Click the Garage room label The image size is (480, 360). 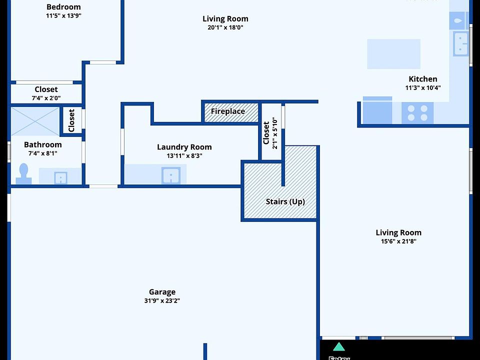tap(162, 292)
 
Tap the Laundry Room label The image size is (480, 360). tap(184, 147)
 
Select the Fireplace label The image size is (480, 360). tap(228, 111)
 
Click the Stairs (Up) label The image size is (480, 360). tap(285, 201)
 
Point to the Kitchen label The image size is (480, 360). tap(422, 79)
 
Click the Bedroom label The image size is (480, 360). tap(63, 7)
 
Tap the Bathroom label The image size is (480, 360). tap(43, 144)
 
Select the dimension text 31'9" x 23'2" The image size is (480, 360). tap(162, 301)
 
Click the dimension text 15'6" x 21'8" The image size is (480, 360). tap(398, 241)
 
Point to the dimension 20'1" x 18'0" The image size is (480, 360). tap(225, 27)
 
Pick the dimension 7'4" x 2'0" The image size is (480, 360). tap(46, 98)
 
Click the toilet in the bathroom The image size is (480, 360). tap(22, 173)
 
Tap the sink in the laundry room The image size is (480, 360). tap(170, 175)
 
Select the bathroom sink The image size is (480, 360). tap(60, 177)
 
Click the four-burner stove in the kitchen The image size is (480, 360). tap(417, 113)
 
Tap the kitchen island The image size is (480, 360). tap(393, 53)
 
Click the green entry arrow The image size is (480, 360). tap(339, 346)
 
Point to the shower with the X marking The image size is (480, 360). tap(35, 121)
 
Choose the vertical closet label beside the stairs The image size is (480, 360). tap(266, 132)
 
